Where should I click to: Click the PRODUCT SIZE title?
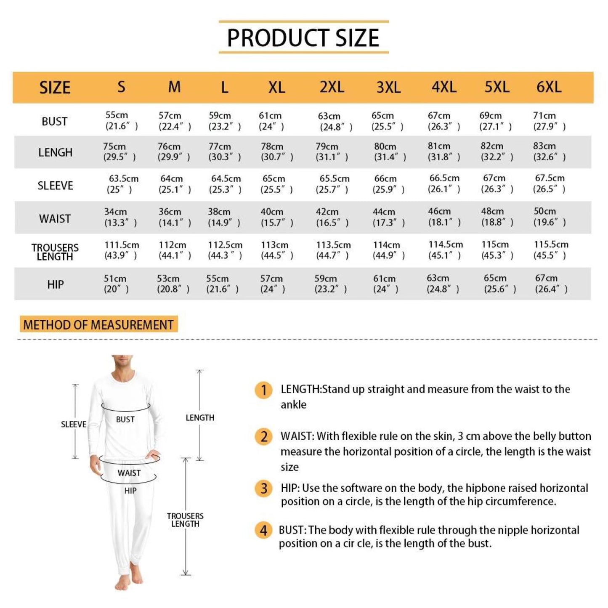pos(303,37)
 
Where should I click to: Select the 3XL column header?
pos(388,87)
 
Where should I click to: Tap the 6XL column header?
pos(549,87)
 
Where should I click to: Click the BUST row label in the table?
pos(54,122)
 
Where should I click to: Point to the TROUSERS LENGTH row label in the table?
pos(55,252)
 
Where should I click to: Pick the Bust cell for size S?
pos(122,121)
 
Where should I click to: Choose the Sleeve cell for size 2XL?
pos(332,184)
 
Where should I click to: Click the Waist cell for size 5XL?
pos(497,217)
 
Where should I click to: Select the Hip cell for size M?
pos(173,284)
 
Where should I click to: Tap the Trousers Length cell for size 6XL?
pos(551,250)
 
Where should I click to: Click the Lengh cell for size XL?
pos(277,152)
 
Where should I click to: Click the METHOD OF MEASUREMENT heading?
pos(98,325)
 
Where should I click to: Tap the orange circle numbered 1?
pos(263,390)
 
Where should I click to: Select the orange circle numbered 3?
pos(263,489)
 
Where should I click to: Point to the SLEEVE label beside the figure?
pos(74,425)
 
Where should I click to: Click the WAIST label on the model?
pos(129,473)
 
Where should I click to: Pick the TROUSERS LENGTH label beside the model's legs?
pos(185,520)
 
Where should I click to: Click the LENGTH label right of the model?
pos(200,418)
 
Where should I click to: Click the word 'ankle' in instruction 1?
pos(293,405)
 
